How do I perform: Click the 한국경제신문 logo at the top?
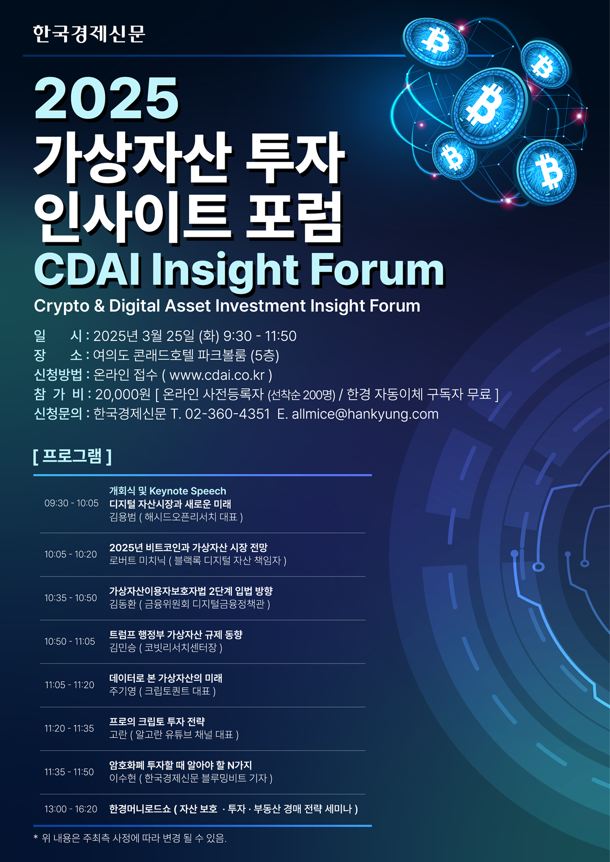(x=89, y=34)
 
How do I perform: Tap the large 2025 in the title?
(x=106, y=99)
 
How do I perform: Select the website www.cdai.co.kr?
(x=217, y=375)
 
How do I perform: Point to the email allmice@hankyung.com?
(x=365, y=414)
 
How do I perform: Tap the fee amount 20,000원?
(x=123, y=395)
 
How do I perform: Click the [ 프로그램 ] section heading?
(x=72, y=456)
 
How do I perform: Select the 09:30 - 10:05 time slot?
(x=71, y=503)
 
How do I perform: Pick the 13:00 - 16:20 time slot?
(x=71, y=809)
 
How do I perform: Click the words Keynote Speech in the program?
(x=188, y=491)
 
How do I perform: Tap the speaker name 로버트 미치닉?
(x=137, y=561)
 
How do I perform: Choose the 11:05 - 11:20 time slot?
(x=70, y=685)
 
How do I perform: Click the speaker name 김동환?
(x=123, y=604)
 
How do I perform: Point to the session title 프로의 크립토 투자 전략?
(x=157, y=722)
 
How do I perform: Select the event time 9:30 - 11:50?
(x=260, y=336)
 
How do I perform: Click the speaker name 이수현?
(x=123, y=779)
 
